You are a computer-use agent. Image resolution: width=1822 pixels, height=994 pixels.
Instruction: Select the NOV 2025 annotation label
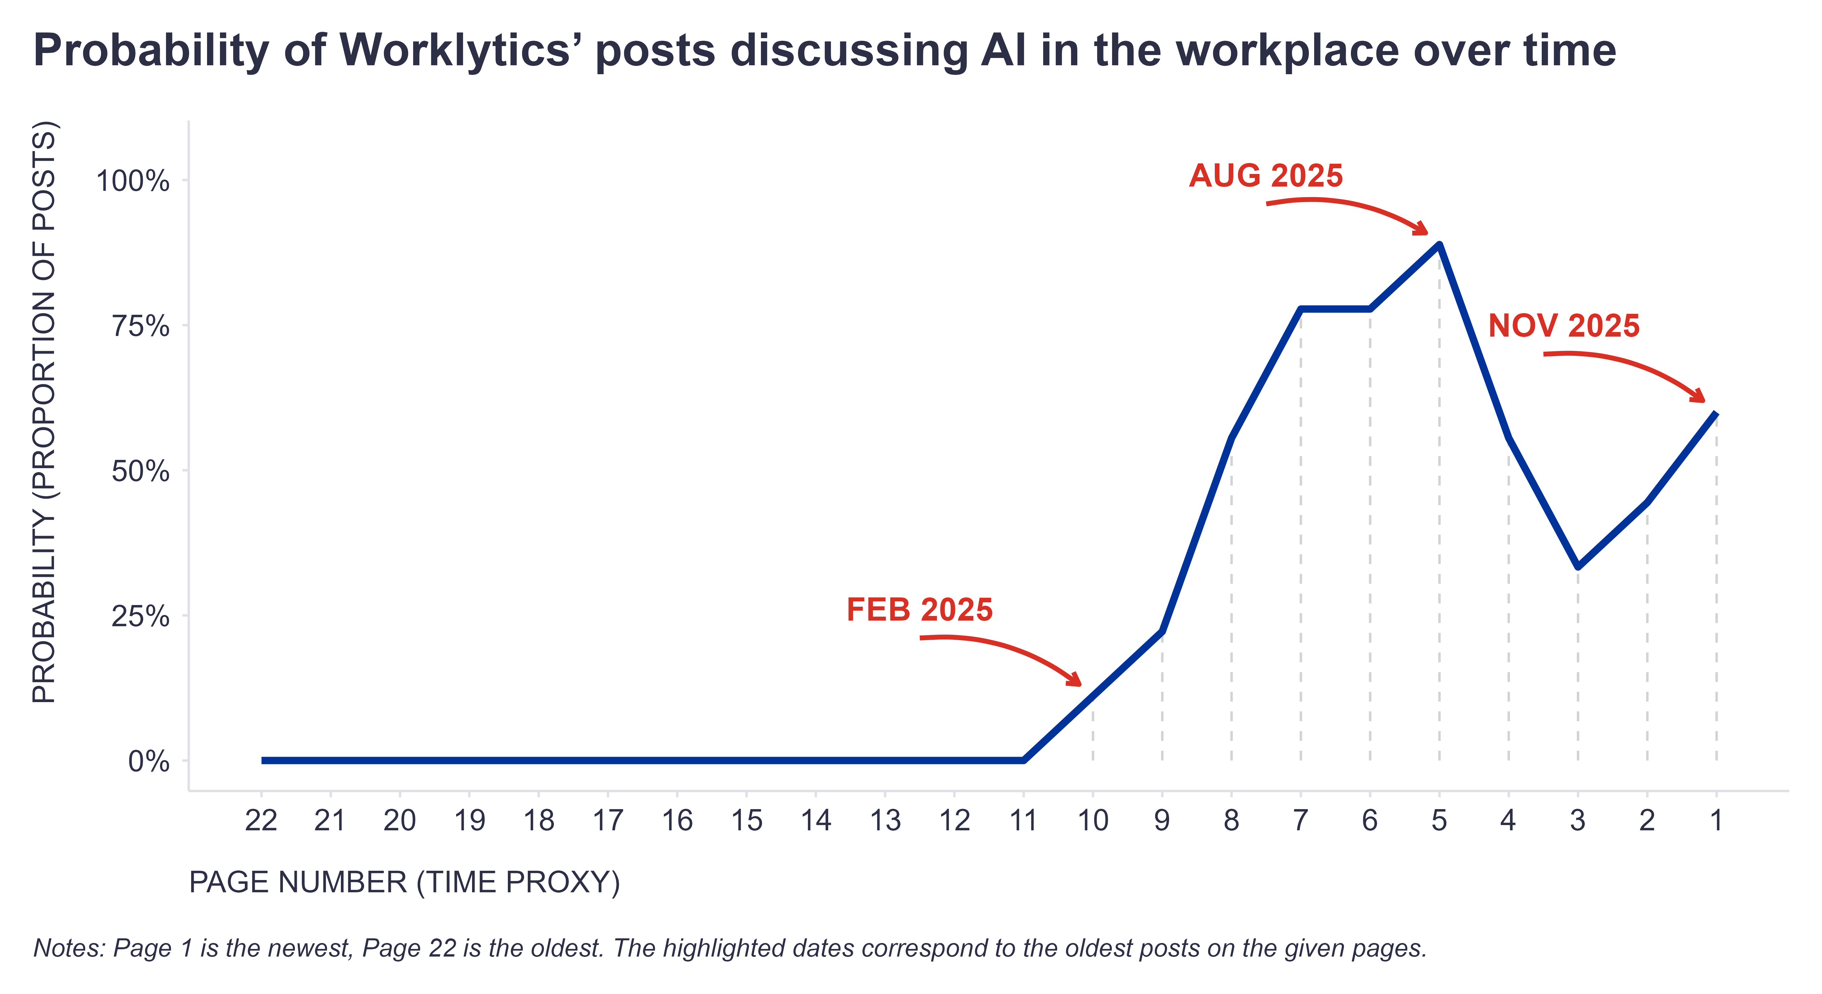click(1563, 326)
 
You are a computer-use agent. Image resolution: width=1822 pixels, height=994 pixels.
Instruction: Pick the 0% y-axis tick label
click(148, 762)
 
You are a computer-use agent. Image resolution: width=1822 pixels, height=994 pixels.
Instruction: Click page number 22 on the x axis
click(261, 821)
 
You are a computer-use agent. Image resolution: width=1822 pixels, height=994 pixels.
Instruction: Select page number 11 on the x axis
click(1023, 821)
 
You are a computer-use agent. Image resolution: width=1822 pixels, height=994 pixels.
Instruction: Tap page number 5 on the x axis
click(1439, 821)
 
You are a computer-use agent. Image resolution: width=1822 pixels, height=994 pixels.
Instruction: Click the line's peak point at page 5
click(1439, 245)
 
